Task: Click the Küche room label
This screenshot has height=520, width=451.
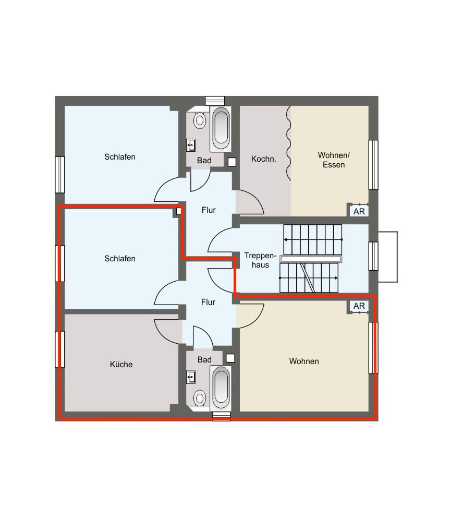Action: (x=121, y=364)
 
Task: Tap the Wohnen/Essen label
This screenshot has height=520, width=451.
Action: (x=334, y=160)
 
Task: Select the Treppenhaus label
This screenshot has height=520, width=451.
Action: (x=260, y=260)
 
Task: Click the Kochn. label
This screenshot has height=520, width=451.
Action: (x=264, y=159)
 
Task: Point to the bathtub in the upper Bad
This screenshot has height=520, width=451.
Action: (x=221, y=129)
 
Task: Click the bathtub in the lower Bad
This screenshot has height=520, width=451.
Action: (x=221, y=388)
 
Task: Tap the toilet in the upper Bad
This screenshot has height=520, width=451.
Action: (x=200, y=120)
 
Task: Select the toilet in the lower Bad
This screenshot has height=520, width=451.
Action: (x=200, y=397)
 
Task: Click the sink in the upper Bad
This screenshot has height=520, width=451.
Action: (x=191, y=145)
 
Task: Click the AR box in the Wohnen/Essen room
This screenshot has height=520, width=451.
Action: (x=359, y=211)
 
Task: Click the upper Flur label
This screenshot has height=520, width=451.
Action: (x=209, y=210)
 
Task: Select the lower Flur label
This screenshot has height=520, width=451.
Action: (x=208, y=302)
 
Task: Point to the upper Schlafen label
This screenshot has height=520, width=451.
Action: (x=120, y=157)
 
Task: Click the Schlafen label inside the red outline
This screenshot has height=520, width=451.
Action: (x=120, y=258)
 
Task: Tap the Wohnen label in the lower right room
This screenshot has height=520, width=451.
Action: (x=304, y=361)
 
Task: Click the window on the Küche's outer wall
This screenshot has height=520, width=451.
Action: (x=59, y=349)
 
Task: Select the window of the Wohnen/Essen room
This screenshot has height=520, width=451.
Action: (x=373, y=164)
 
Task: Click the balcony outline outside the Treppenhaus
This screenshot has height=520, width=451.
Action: (x=397, y=257)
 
